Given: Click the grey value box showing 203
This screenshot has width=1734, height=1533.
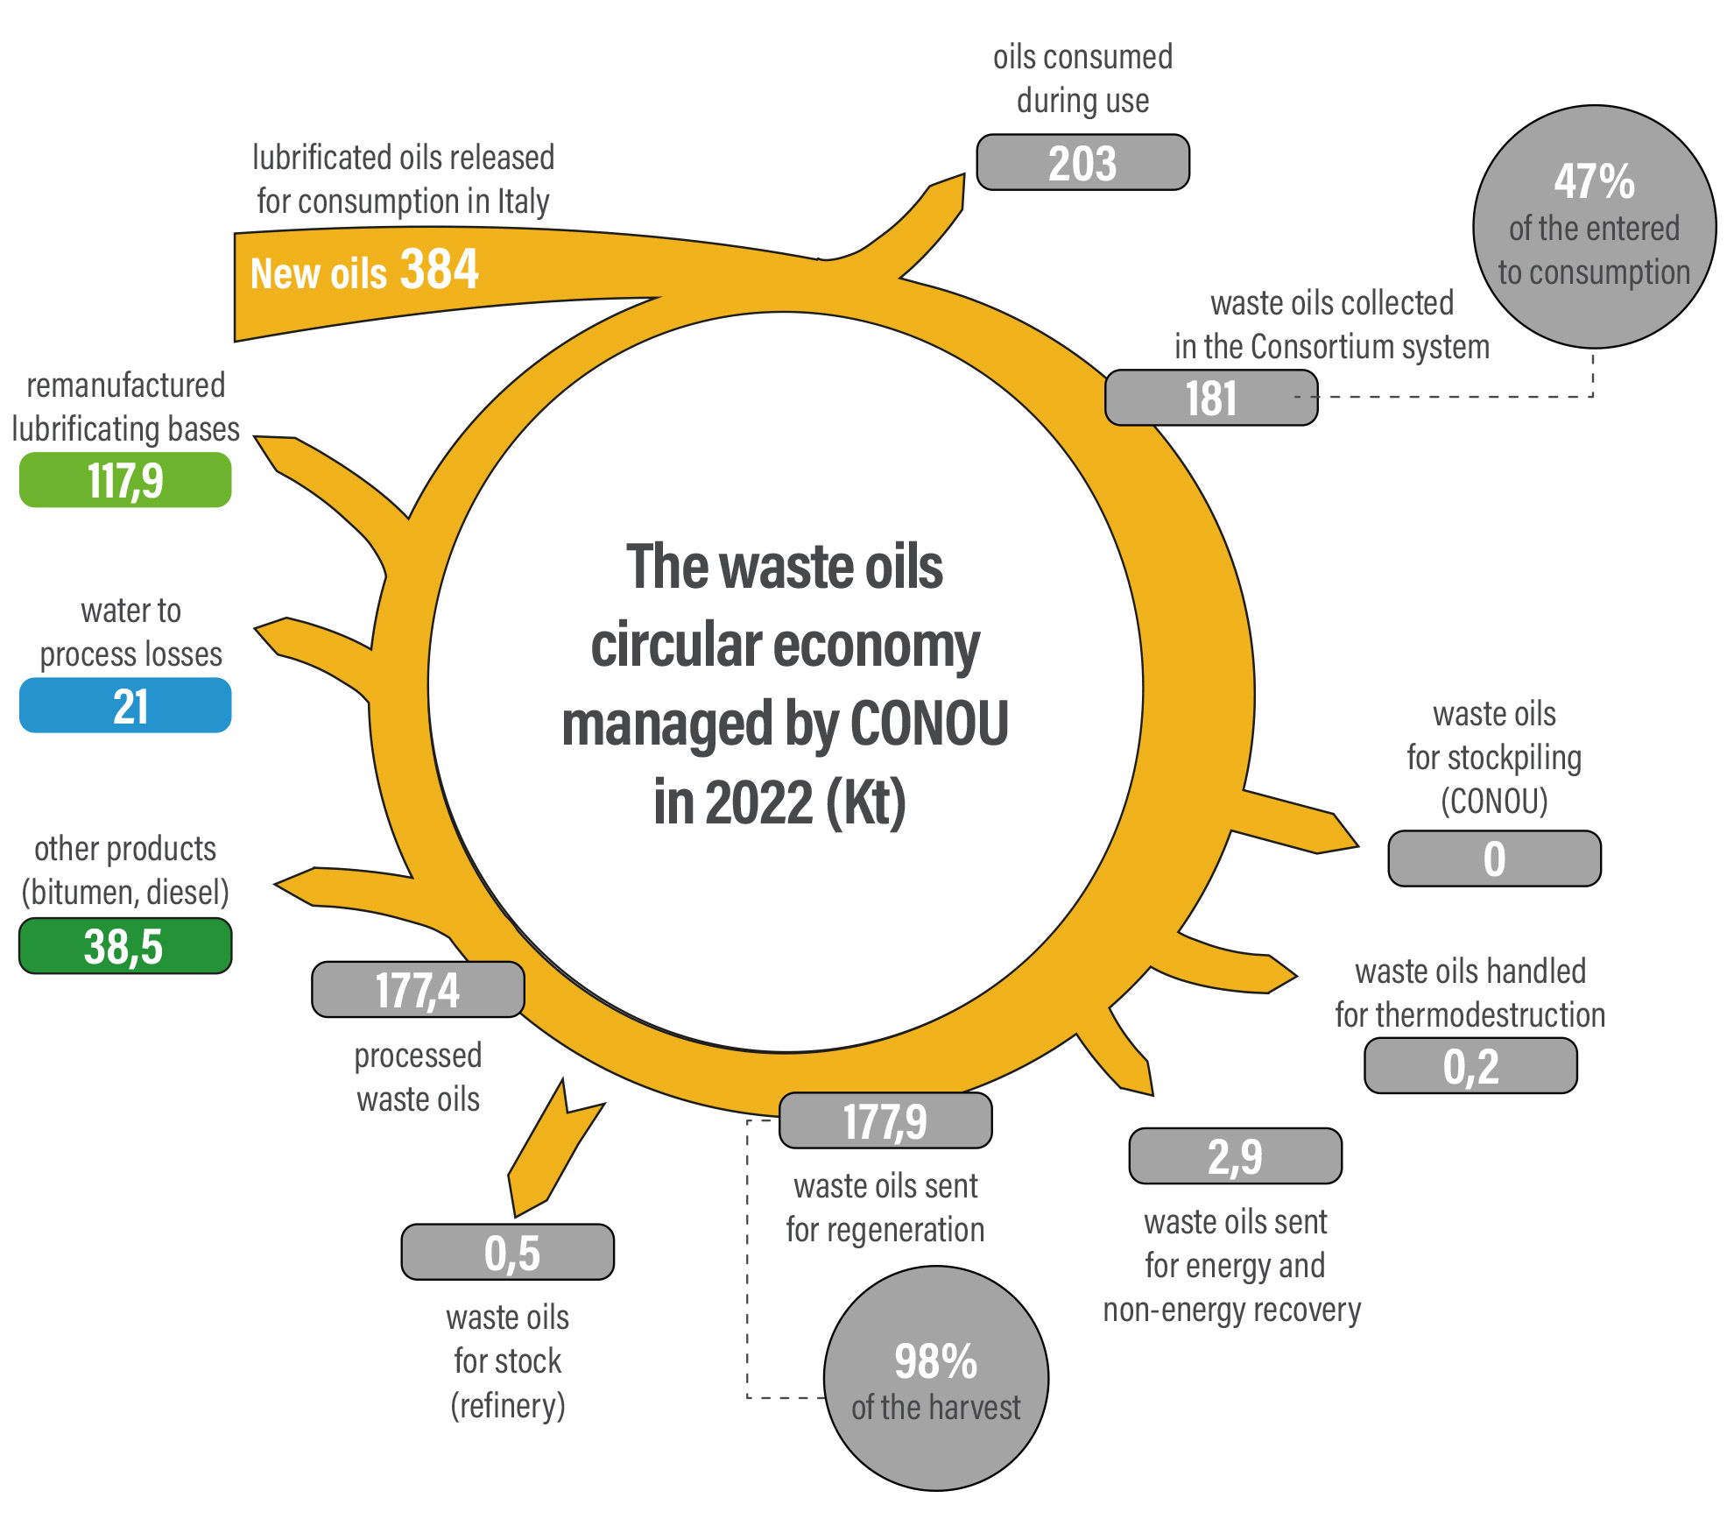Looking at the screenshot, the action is (x=1082, y=162).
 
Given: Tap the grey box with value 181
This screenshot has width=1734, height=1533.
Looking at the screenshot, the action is (x=1211, y=398).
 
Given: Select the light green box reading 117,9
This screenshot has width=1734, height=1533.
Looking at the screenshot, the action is (x=125, y=480).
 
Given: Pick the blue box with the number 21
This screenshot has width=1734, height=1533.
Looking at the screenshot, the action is (x=125, y=705).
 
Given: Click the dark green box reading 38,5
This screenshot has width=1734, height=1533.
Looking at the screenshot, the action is (x=125, y=946).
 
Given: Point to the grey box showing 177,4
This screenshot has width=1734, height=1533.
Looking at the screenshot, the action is (x=418, y=990).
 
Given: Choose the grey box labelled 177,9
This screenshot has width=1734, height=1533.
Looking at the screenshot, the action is (x=885, y=1120).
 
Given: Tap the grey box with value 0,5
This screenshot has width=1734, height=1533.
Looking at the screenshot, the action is (x=508, y=1252).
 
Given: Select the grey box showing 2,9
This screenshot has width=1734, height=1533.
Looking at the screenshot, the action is (x=1236, y=1156).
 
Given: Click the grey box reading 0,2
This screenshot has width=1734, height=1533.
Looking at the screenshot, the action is (x=1471, y=1066).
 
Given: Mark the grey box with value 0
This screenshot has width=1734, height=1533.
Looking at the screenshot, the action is (x=1495, y=858).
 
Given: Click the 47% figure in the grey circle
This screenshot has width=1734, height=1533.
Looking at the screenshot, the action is (x=1595, y=182).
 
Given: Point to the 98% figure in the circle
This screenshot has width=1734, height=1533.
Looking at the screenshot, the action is (x=935, y=1361).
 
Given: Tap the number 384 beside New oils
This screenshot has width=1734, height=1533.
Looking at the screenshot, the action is (x=440, y=268).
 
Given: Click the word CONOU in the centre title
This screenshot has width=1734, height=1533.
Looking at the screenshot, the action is (x=929, y=724).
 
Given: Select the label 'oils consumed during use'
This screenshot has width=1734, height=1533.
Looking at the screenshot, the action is (x=1083, y=79).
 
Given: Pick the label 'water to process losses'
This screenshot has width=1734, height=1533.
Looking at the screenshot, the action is (x=131, y=632).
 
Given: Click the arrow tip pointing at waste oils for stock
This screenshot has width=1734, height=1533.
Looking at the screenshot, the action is (x=516, y=1216).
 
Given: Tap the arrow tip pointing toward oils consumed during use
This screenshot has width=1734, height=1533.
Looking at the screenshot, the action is (x=964, y=174).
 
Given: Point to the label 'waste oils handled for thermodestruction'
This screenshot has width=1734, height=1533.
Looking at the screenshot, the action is (x=1470, y=993).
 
